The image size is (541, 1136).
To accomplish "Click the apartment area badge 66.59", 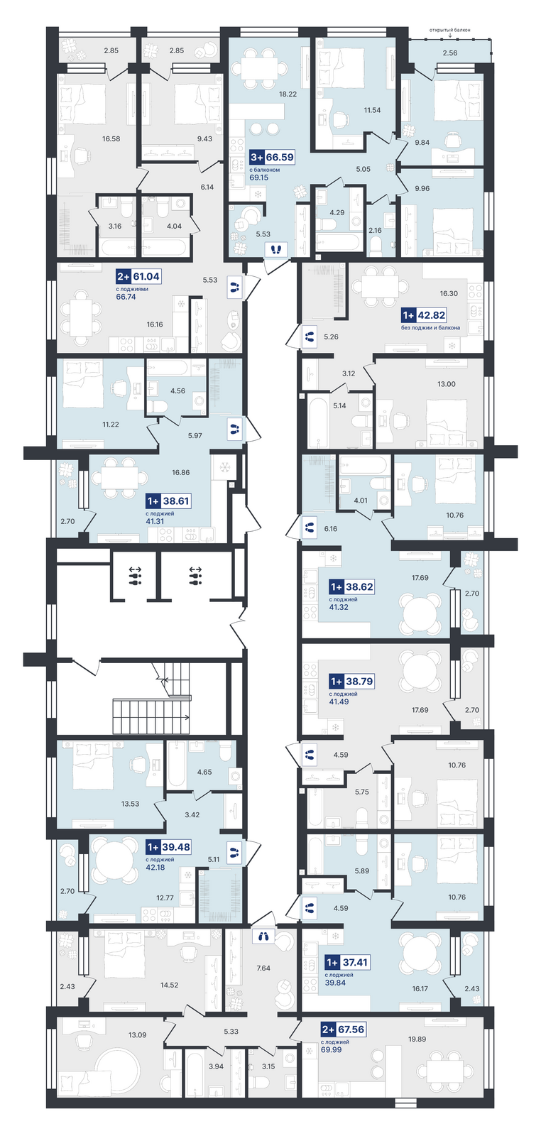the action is pos(272,157).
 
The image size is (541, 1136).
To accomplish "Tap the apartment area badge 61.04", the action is pos(138,276).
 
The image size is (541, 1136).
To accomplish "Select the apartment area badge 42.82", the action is pos(424,315).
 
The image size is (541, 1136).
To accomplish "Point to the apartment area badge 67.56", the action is pos(343,1029).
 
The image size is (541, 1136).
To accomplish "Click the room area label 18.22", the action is pos(288,94).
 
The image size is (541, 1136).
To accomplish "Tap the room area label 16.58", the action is pos(111,138).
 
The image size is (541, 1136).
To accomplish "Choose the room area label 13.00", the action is pos(446,384).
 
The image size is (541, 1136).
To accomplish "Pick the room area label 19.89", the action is pos(417,1039).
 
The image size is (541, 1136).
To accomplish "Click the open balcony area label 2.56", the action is pos(449,53).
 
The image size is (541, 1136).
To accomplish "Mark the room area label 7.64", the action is pos(263,968).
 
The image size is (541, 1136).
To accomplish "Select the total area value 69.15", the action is pos(259,177).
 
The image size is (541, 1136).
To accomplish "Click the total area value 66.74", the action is pos(126,297).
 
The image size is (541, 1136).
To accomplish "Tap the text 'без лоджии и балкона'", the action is pos(430,327).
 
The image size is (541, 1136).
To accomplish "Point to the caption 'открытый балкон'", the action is pos(449,31).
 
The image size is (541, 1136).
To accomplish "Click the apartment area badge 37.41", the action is pos(346,962).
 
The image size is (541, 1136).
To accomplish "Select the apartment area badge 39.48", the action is pos(169,847).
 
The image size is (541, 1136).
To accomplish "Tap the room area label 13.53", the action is pos(130,804).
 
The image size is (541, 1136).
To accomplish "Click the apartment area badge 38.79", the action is pos(351,681).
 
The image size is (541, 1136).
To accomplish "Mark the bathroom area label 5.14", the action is pos(339,405).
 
